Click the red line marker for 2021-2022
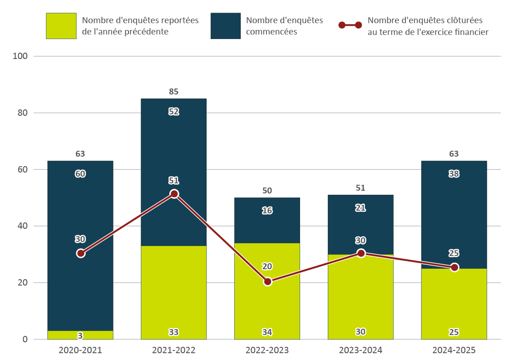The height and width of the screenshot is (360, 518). (174, 194)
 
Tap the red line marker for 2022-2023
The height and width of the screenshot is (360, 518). (267, 281)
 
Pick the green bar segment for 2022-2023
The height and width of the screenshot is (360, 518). (267, 304)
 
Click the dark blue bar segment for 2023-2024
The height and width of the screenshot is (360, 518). (361, 222)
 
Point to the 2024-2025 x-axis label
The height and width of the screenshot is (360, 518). (454, 350)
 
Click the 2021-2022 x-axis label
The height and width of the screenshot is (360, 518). (174, 350)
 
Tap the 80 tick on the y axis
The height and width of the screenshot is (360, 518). (22, 113)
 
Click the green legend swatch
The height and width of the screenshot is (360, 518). (61, 26)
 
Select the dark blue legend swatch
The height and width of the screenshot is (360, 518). (226, 26)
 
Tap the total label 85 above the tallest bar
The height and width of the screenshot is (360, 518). (174, 92)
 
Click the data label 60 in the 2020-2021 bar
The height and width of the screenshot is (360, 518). (80, 173)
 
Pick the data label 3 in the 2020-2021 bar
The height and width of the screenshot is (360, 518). (80, 336)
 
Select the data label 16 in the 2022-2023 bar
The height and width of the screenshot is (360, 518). (267, 211)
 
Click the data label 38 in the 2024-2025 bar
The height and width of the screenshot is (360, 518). (454, 173)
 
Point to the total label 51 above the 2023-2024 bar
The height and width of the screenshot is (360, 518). (361, 188)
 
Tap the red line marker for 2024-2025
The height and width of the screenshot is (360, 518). (454, 267)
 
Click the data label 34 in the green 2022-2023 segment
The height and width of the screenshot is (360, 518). (267, 332)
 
